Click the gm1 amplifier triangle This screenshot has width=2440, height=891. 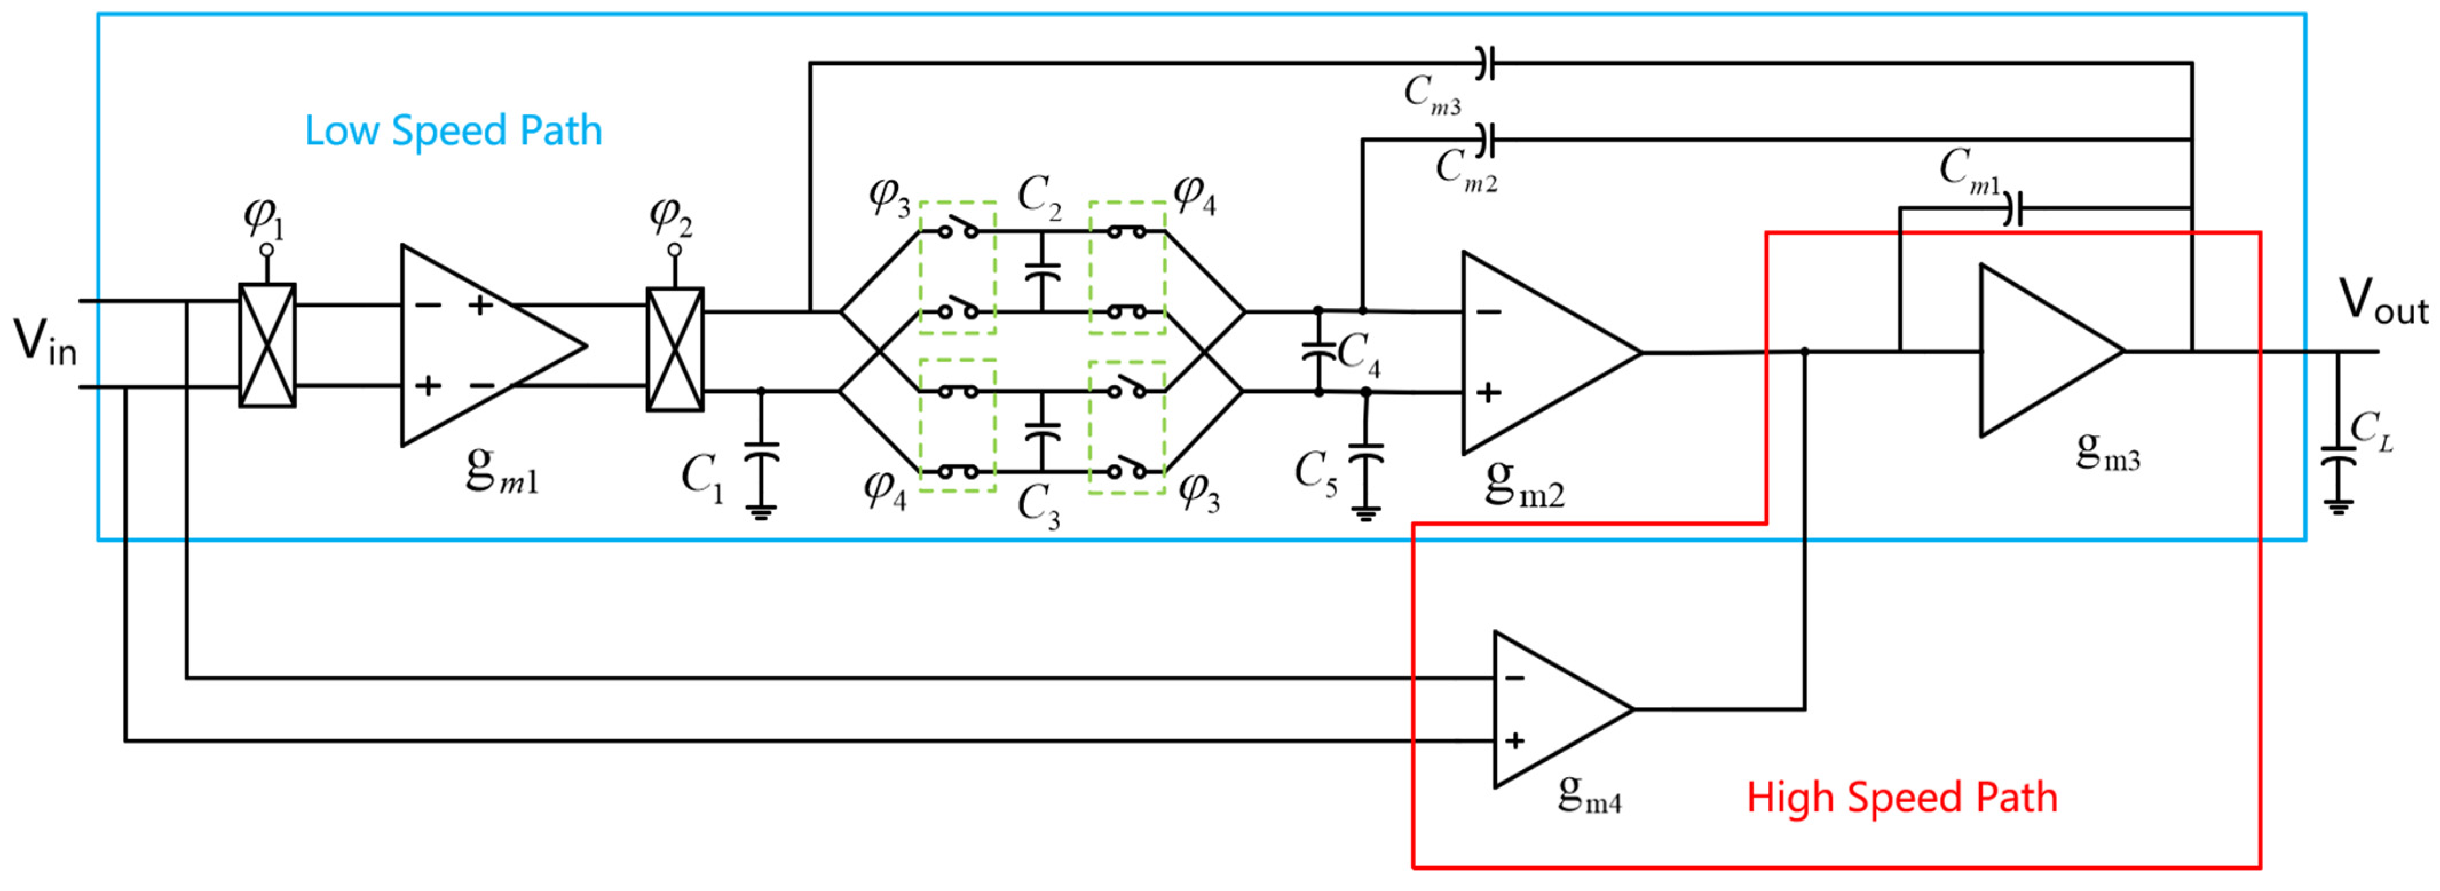pyautogui.click(x=479, y=346)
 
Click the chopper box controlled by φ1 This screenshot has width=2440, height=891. pyautogui.click(x=267, y=346)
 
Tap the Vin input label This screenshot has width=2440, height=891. pyautogui.click(x=45, y=343)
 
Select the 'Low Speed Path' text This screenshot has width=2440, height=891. pyautogui.click(x=453, y=130)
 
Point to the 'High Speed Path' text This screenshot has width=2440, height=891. pyautogui.click(x=1902, y=797)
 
